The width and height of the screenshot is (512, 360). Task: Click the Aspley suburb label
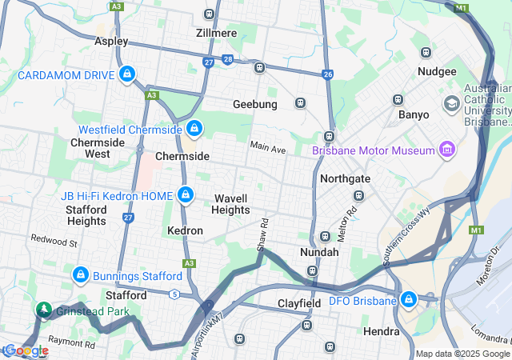[x=111, y=40]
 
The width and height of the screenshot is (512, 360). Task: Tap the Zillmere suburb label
[x=216, y=33]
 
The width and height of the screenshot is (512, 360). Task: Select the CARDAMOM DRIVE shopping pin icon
[x=126, y=74]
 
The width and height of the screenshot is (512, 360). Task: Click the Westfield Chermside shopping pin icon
[x=194, y=128]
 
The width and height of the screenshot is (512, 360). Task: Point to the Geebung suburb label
[x=254, y=105]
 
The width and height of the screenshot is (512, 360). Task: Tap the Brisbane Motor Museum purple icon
[x=446, y=150]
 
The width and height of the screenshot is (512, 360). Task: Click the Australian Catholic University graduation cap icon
[x=452, y=105]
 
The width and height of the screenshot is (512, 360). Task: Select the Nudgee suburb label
[x=437, y=71]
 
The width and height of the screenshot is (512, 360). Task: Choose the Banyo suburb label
[x=414, y=114]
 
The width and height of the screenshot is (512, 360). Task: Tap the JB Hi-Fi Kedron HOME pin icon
[x=186, y=194]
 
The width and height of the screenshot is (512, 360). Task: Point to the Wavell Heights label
[x=230, y=204]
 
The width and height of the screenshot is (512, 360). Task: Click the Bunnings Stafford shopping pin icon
[x=80, y=275]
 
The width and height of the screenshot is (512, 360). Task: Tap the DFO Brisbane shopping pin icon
[x=409, y=300]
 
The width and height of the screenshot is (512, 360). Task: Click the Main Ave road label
[x=267, y=149]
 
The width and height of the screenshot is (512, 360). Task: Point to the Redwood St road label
[x=54, y=240]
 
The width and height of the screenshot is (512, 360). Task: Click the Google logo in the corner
[x=26, y=350]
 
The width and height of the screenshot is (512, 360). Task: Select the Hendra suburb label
[x=381, y=331]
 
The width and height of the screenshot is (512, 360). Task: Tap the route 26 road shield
[x=328, y=74]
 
